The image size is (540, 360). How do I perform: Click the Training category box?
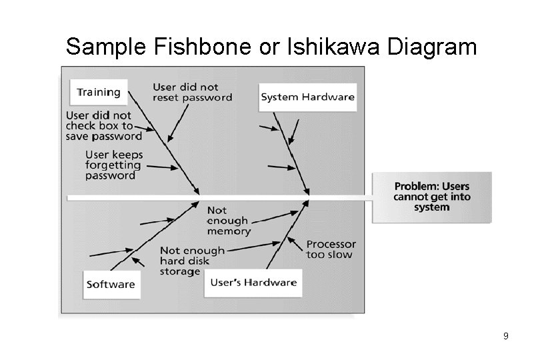pos(98,92)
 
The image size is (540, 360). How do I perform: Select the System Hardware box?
pos(307,97)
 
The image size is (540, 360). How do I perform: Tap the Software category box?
pos(111,284)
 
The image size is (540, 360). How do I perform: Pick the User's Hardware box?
pos(253,282)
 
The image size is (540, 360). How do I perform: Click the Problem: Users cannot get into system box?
pos(432,197)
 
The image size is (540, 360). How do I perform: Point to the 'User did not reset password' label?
pos(192,92)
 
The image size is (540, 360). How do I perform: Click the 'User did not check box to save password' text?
pos(104,125)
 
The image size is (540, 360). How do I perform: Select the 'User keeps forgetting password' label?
pos(113,165)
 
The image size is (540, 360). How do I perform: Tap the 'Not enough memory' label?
pos(228,221)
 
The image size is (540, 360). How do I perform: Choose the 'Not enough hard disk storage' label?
pos(192,261)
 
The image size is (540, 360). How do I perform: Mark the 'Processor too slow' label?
pos(331,249)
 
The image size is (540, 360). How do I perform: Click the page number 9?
pos(505,337)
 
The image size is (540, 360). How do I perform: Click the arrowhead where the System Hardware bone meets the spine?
pos(307,193)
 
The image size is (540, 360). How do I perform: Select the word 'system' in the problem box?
pos(432,207)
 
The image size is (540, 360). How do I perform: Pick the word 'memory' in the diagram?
pos(229,231)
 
